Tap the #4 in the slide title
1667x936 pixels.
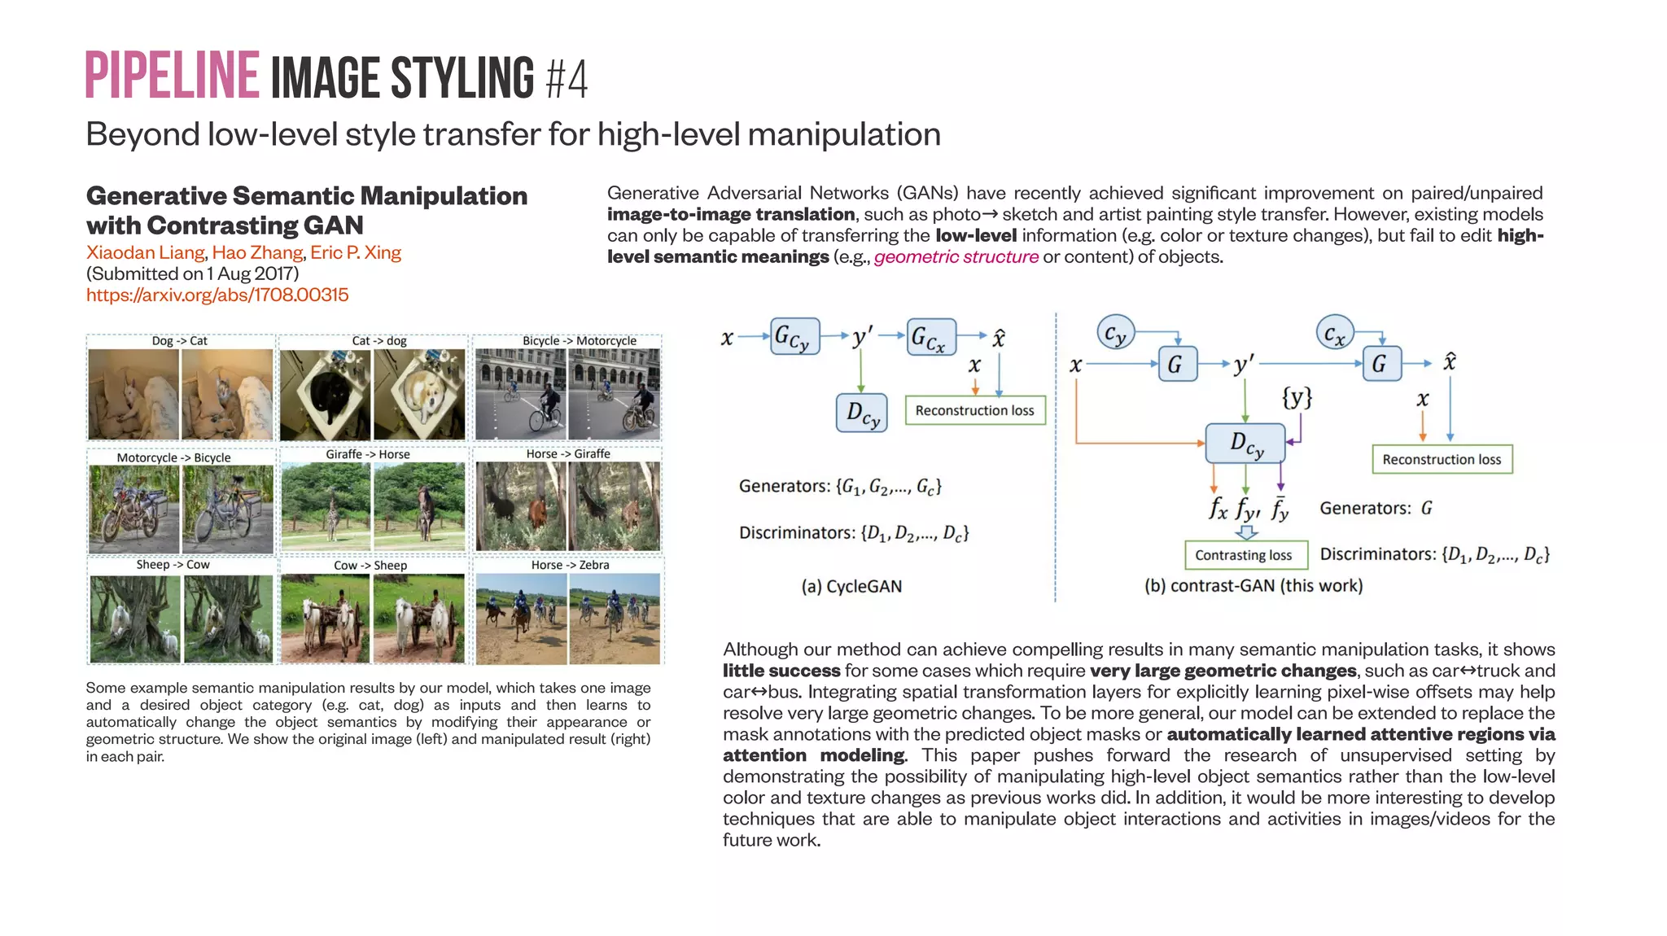click(x=567, y=79)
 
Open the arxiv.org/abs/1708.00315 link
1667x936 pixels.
click(x=217, y=295)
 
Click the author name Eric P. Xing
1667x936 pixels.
click(x=356, y=252)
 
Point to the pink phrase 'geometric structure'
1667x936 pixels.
click(x=956, y=257)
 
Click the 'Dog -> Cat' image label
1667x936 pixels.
click(x=179, y=341)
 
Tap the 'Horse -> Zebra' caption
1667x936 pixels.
click(x=570, y=565)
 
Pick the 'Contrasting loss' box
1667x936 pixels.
click(x=1245, y=555)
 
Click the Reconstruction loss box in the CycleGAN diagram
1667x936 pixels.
click(x=974, y=410)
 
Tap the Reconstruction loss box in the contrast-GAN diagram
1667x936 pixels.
click(x=1441, y=459)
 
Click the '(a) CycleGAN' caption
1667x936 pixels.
click(x=851, y=586)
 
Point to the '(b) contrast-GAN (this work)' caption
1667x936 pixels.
click(x=1253, y=585)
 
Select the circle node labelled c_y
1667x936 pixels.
click(x=1114, y=332)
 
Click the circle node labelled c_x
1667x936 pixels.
click(x=1334, y=332)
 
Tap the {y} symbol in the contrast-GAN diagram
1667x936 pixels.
click(x=1297, y=397)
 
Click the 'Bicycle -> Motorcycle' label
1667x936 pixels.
click(x=579, y=341)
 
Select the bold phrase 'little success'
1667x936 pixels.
click(x=781, y=671)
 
